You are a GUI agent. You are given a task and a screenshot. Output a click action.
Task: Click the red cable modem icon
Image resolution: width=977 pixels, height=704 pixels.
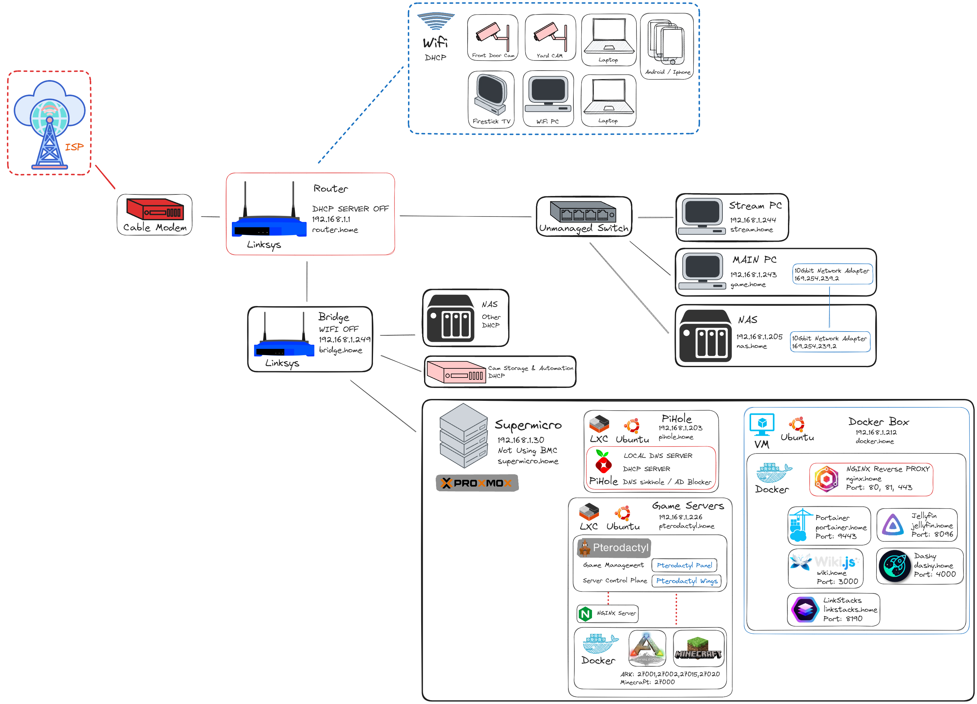(155, 209)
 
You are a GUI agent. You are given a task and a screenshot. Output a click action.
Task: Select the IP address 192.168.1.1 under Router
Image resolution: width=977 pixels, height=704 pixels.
(331, 219)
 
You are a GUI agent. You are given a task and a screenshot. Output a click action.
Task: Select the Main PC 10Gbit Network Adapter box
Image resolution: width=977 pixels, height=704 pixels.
(832, 274)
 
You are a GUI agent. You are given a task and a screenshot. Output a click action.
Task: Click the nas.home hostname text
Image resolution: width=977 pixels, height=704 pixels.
(751, 346)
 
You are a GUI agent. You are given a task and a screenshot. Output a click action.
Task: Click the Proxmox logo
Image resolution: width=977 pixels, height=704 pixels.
(477, 483)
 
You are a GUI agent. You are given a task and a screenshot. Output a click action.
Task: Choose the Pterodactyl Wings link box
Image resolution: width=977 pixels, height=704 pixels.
(686, 581)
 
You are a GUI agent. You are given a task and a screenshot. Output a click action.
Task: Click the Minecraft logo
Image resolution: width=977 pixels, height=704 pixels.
(698, 649)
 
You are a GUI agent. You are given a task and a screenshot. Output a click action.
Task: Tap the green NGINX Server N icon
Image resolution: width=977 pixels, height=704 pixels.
(585, 614)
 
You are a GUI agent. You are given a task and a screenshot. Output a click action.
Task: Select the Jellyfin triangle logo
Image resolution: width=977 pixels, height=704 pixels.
(893, 525)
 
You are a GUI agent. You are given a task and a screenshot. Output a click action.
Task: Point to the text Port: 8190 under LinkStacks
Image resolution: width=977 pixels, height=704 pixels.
(842, 619)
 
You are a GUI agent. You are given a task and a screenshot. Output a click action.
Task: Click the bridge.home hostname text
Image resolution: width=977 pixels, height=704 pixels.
(340, 350)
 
